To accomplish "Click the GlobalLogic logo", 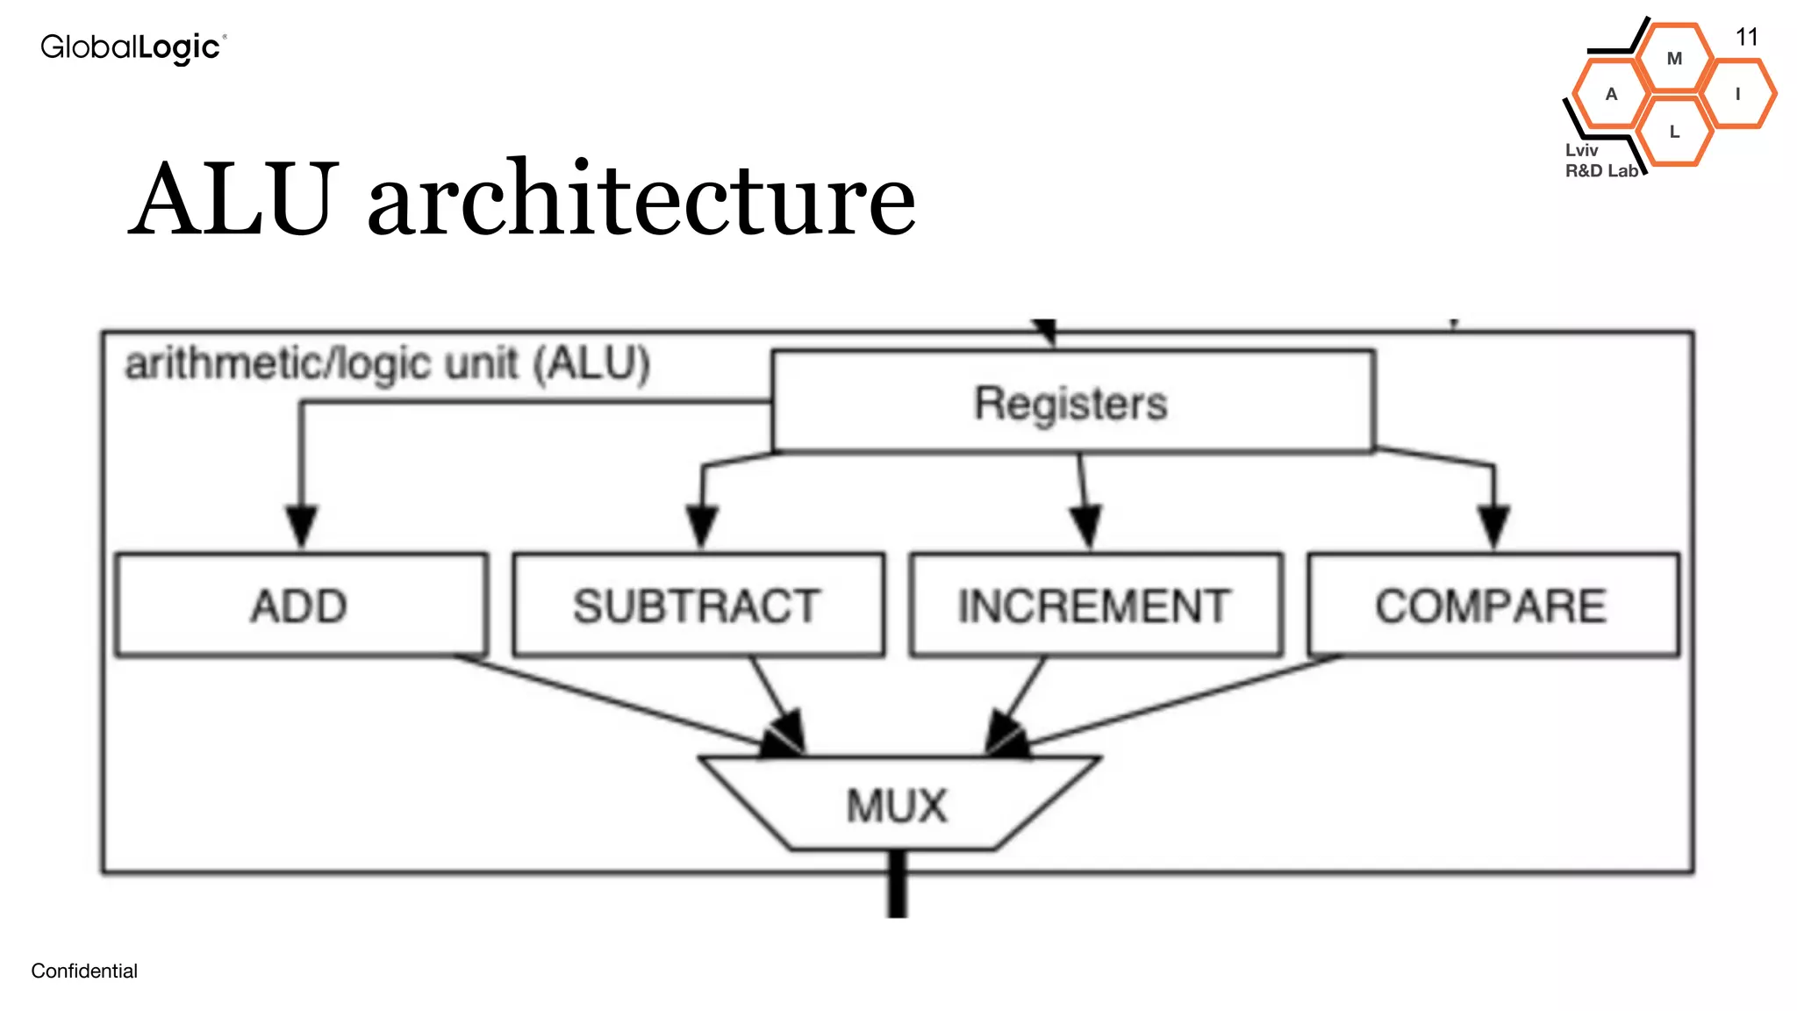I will [133, 47].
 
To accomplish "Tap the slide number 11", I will [1746, 37].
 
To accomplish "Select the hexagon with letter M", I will [1674, 59].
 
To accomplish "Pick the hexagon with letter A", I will [1611, 94].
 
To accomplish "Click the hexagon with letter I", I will [1737, 94].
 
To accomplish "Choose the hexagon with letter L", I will [1674, 132].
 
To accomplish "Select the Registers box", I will [1072, 403].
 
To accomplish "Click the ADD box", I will [301, 606].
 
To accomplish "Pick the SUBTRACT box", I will [698, 606].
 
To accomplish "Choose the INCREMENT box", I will [1095, 606].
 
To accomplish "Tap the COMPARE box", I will [1492, 606].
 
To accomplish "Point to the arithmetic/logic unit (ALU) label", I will [387, 364].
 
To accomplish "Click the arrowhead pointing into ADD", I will [302, 526].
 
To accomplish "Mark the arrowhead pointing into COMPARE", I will [1493, 526].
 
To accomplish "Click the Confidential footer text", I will [84, 971].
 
